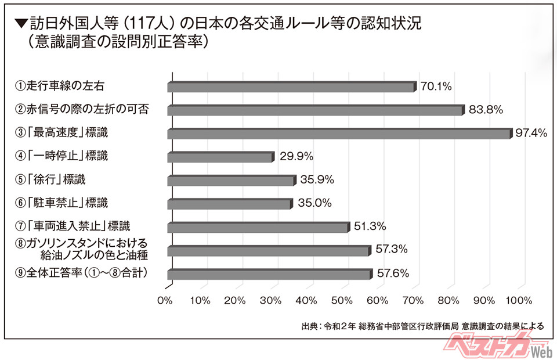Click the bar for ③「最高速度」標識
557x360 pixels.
(339, 134)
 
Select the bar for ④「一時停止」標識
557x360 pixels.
(220, 157)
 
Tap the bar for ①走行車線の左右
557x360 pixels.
(291, 87)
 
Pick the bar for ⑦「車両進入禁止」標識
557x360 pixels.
(259, 227)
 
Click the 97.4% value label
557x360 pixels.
(531, 133)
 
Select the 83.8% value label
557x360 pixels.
(486, 109)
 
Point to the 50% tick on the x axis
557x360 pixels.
(342, 301)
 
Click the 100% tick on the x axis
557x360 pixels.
(519, 301)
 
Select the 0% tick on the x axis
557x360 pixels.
(166, 301)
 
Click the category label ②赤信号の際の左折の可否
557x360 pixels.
(82, 109)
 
